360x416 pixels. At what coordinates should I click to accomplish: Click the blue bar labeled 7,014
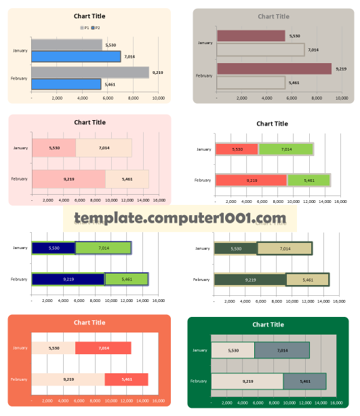pyautogui.click(x=76, y=56)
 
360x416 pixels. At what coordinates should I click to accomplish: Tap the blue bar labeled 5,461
pyautogui.click(x=66, y=84)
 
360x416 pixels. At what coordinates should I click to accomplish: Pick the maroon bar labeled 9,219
pyautogui.click(x=274, y=69)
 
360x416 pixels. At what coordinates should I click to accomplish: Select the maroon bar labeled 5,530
pyautogui.click(x=251, y=36)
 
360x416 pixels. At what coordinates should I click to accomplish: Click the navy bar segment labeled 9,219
pyautogui.click(x=68, y=279)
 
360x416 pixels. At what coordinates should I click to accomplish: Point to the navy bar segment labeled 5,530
pyautogui.click(x=54, y=248)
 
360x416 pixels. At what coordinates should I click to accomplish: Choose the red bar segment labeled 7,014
pyautogui.click(x=103, y=348)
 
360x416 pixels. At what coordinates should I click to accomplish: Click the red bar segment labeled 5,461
pyautogui.click(x=126, y=379)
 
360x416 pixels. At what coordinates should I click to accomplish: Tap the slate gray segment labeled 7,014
pyautogui.click(x=281, y=350)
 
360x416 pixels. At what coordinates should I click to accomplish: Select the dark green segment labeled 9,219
pyautogui.click(x=250, y=280)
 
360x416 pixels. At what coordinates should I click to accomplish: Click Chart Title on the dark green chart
pyautogui.click(x=268, y=324)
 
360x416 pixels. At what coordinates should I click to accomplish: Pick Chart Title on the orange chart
pyautogui.click(x=89, y=323)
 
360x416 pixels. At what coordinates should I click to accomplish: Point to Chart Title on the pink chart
pyautogui.click(x=89, y=122)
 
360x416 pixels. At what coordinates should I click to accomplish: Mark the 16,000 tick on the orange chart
pyautogui.click(x=159, y=401)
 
